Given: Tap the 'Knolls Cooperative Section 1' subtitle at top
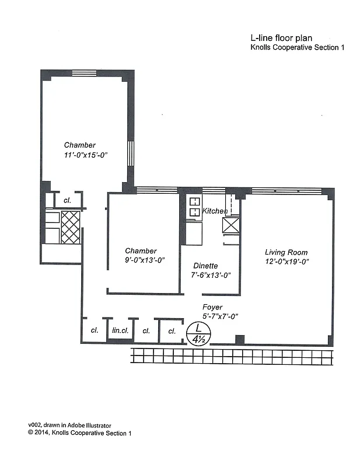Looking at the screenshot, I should point(296,48).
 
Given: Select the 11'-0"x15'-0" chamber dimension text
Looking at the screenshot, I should point(87,155).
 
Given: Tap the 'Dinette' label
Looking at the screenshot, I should point(205,266).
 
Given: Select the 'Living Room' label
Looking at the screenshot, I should point(286,252).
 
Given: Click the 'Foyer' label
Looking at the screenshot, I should point(212,307).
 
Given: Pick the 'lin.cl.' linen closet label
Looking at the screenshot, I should point(120,330).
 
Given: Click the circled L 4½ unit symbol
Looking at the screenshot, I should point(198,333).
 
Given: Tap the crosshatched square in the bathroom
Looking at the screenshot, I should point(71,227).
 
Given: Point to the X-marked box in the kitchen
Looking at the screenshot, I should point(231,225).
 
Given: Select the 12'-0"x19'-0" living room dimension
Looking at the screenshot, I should point(286,262).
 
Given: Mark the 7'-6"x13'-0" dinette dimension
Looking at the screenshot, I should point(211,275).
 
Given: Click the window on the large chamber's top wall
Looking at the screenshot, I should point(84,74).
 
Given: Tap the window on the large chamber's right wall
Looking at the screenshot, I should point(131,154).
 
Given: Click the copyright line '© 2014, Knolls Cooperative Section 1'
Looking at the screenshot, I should point(80,433).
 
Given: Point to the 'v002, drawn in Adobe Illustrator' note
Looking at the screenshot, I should point(69,426).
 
